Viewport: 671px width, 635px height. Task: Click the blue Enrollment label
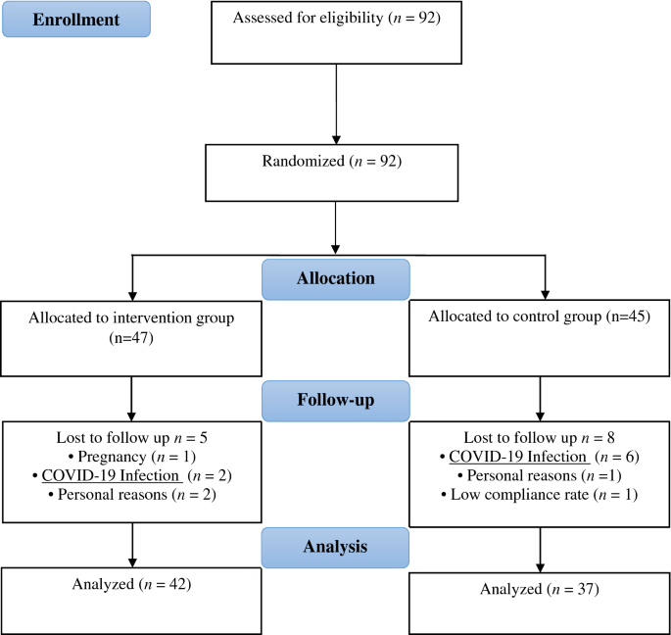pyautogui.click(x=76, y=19)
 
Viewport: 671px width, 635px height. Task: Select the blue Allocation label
pyautogui.click(x=335, y=278)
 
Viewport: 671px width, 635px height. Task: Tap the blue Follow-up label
pyautogui.click(x=335, y=400)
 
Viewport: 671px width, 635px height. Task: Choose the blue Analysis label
pyautogui.click(x=335, y=546)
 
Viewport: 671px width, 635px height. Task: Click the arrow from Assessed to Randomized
pyautogui.click(x=335, y=103)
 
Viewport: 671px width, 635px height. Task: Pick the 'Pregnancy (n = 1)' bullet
pyautogui.click(x=130, y=456)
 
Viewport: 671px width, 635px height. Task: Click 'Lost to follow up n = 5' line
pyautogui.click(x=130, y=436)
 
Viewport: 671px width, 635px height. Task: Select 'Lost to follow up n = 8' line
pyautogui.click(x=539, y=436)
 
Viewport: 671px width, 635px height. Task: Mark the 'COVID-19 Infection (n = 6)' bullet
pyautogui.click(x=539, y=456)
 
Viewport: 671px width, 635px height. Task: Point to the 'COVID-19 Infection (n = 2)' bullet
pyautogui.click(x=130, y=475)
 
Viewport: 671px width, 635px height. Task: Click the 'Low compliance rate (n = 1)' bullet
pyautogui.click(x=539, y=495)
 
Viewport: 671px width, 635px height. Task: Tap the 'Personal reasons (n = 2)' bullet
pyautogui.click(x=130, y=495)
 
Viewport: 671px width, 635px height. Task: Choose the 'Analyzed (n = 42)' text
pyautogui.click(x=130, y=585)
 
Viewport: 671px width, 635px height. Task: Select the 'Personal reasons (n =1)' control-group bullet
pyautogui.click(x=539, y=475)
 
